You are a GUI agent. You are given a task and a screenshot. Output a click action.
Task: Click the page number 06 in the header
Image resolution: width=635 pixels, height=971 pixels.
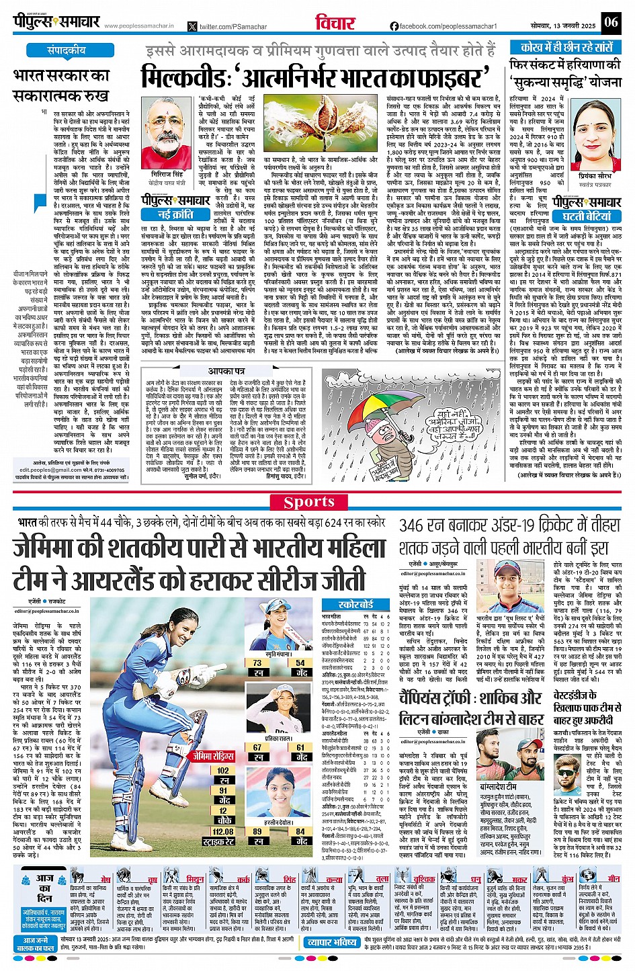610,22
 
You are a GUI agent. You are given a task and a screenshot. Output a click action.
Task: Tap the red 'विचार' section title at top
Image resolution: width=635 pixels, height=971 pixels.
335,22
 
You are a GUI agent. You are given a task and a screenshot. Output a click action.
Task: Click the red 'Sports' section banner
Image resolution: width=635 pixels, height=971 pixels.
308,502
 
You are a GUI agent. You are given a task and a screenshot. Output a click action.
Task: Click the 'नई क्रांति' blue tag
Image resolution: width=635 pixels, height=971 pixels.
173,214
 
